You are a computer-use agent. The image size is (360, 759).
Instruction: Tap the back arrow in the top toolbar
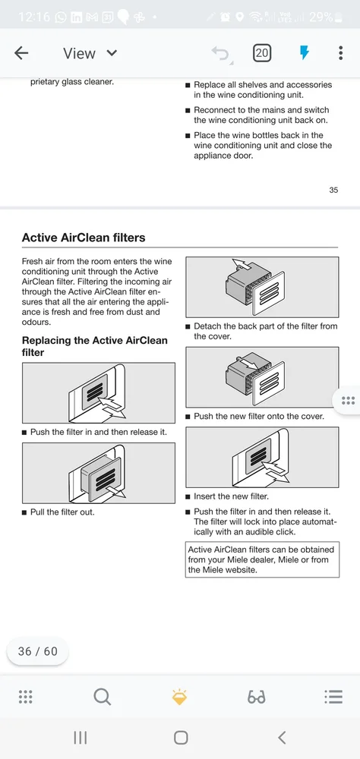[x=21, y=53]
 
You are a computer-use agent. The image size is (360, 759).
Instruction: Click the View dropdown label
[x=80, y=53]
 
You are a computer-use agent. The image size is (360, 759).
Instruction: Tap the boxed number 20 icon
[x=261, y=53]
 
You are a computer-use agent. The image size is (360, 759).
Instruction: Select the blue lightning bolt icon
[x=305, y=53]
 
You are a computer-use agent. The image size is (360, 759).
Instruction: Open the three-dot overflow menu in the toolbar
[x=340, y=53]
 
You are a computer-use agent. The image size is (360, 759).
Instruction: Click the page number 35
[x=333, y=190]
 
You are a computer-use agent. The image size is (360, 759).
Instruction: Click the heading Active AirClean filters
[x=84, y=238]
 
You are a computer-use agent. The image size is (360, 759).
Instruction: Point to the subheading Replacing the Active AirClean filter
[x=94, y=346]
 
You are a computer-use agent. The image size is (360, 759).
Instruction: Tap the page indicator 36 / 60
[x=38, y=651]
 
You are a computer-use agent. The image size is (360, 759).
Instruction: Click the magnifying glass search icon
[x=103, y=697]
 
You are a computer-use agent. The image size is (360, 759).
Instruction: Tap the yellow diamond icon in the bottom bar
[x=179, y=697]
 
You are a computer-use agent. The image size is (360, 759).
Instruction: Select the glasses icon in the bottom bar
[x=256, y=698]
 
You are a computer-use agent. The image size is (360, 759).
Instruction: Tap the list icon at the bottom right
[x=333, y=697]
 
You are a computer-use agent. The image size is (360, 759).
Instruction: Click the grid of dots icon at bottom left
[x=25, y=697]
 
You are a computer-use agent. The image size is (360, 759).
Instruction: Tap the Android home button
[x=180, y=738]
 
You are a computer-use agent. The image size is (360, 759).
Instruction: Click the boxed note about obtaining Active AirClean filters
[x=262, y=559]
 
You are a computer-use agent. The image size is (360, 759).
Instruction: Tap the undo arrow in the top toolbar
[x=222, y=54]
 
